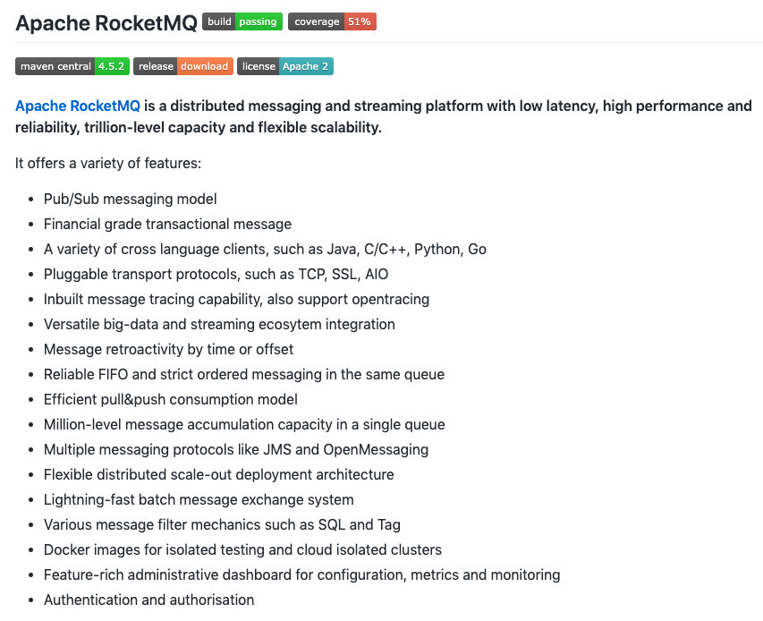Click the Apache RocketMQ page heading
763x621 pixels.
[x=106, y=23]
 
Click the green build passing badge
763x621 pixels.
[x=242, y=22]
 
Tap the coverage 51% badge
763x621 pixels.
[x=332, y=22]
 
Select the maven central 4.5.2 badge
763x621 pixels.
[x=72, y=66]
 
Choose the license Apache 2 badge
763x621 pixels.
[x=285, y=66]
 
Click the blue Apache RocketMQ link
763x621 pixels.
[x=78, y=106]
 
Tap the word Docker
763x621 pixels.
[x=65, y=549]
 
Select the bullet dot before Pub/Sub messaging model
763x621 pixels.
[x=32, y=200]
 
